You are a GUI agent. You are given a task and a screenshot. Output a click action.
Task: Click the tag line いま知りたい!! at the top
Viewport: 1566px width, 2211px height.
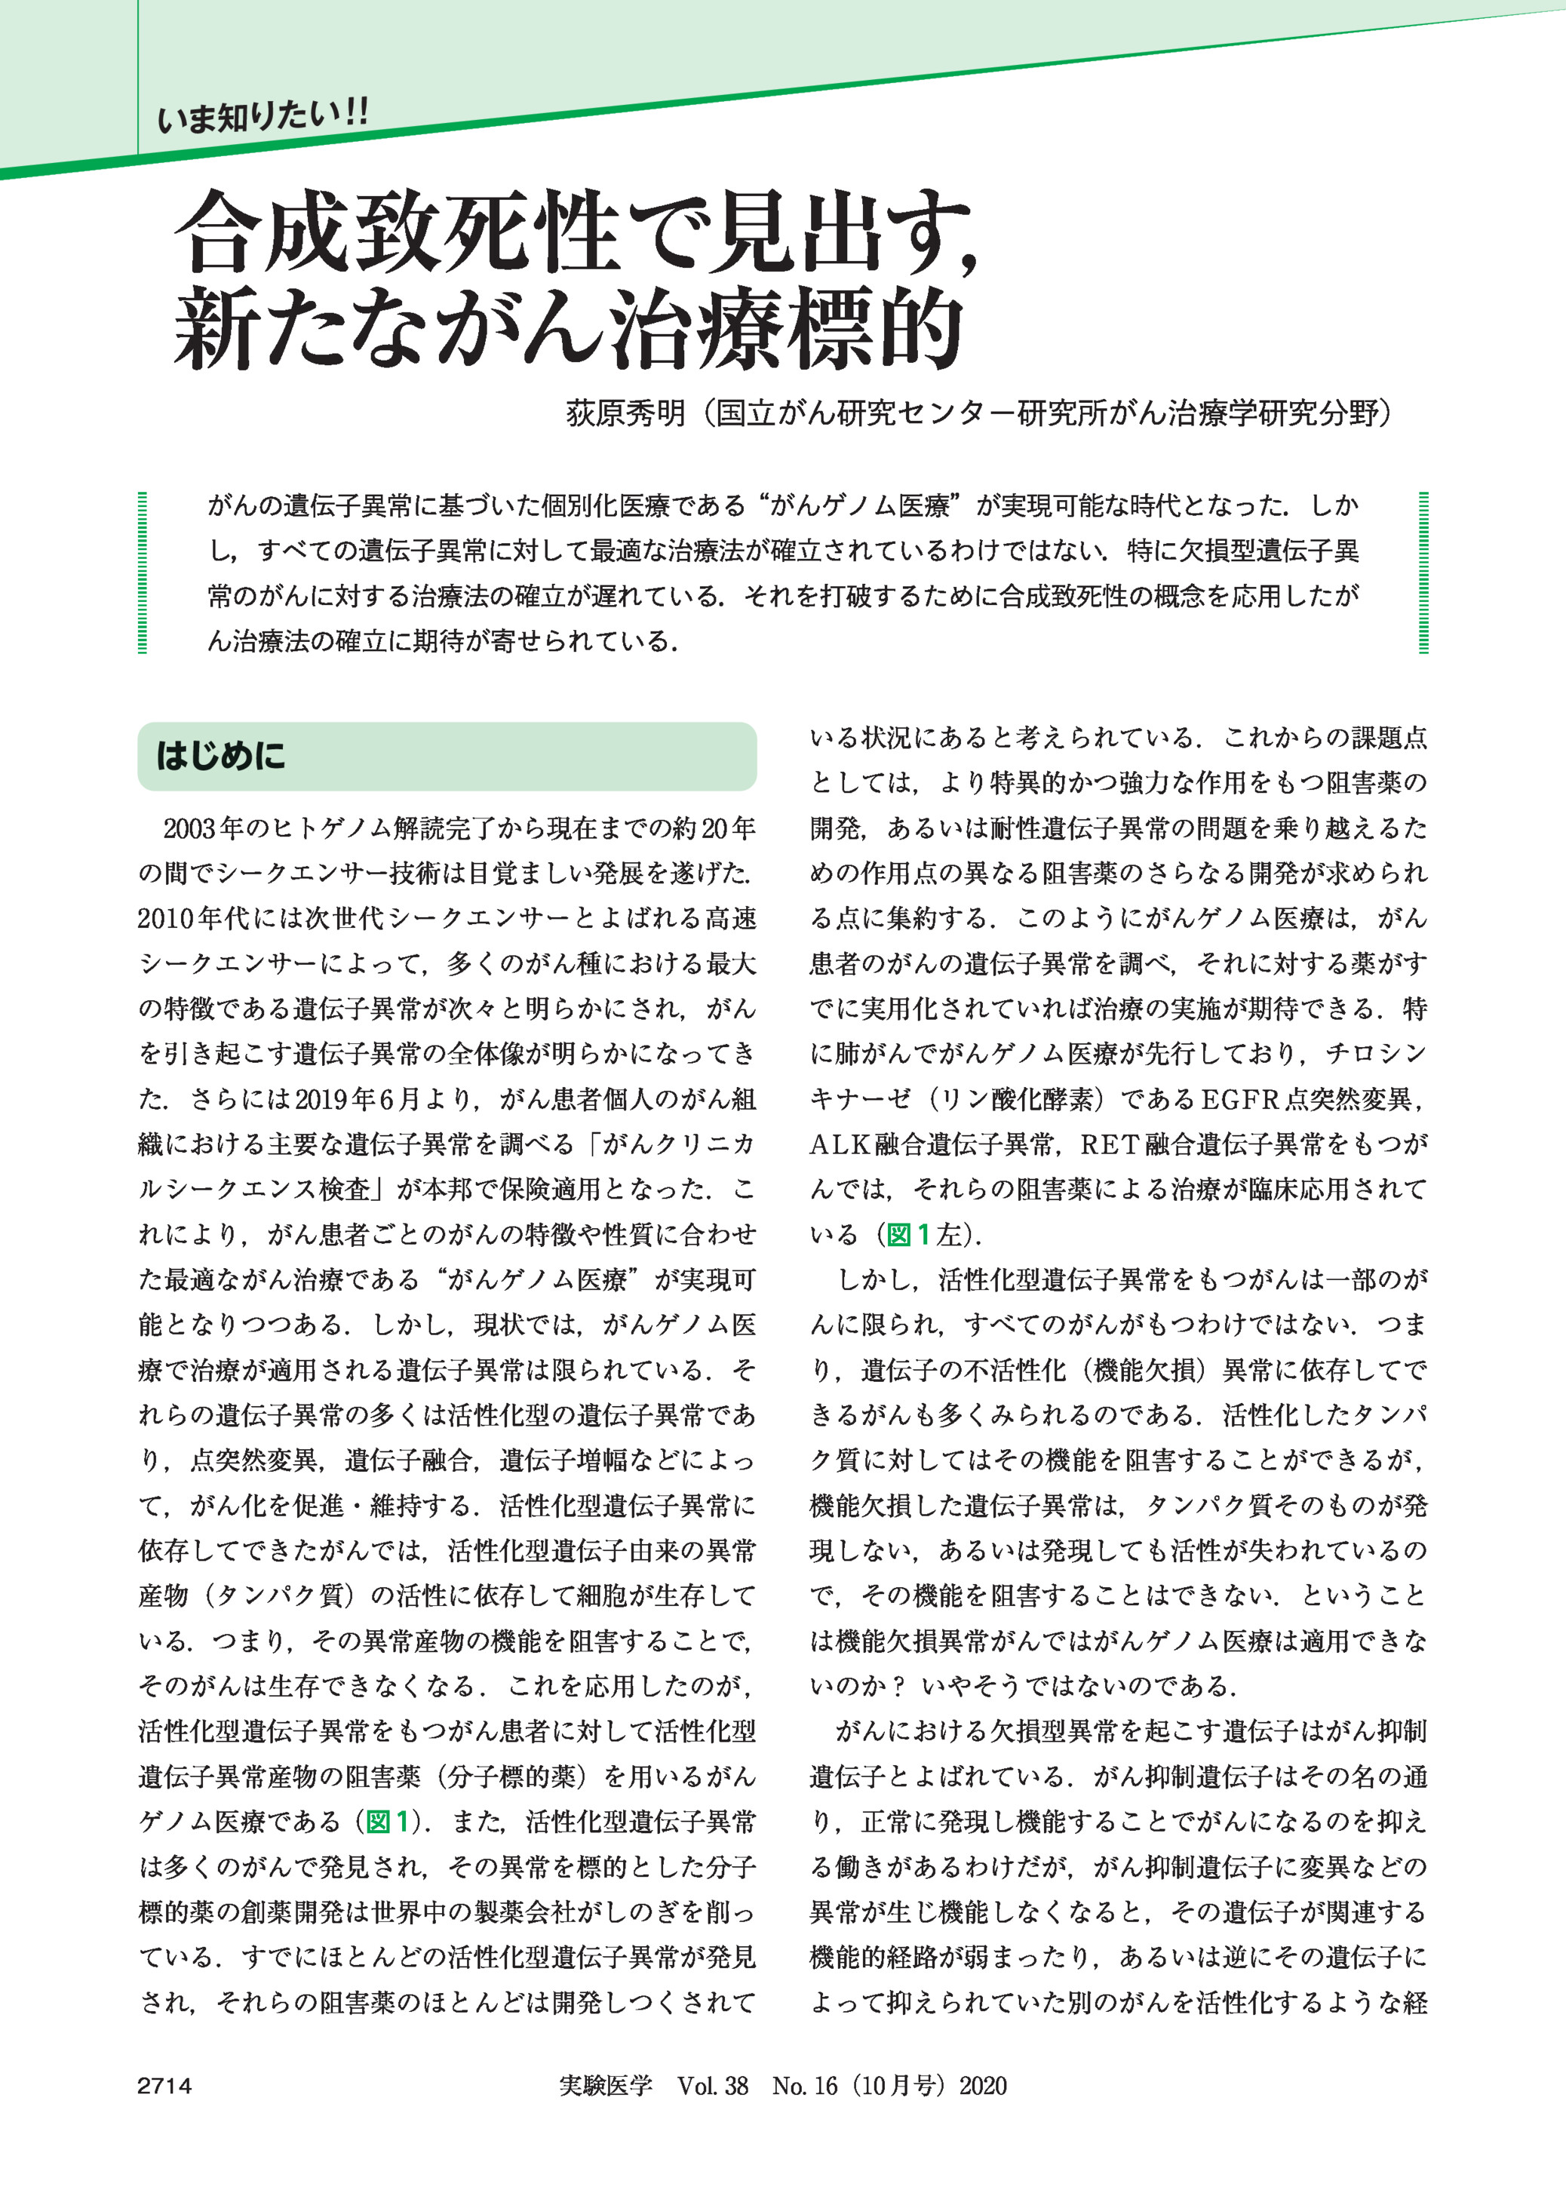(x=263, y=118)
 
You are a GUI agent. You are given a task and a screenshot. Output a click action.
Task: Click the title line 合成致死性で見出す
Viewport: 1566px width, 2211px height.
(x=576, y=232)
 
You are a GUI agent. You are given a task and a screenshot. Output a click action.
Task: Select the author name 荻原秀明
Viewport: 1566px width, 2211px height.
(x=625, y=413)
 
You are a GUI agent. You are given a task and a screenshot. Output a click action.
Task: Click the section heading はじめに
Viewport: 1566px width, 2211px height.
(x=221, y=756)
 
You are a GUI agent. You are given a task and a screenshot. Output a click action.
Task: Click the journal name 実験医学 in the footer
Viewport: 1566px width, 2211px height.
(x=605, y=2086)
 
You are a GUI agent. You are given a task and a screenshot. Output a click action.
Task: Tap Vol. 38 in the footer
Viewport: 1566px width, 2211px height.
(x=713, y=2086)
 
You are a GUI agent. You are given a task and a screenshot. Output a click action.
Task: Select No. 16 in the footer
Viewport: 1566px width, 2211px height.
(x=804, y=2086)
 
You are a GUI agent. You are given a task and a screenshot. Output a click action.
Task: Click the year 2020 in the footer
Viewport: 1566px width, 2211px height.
(x=983, y=2086)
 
